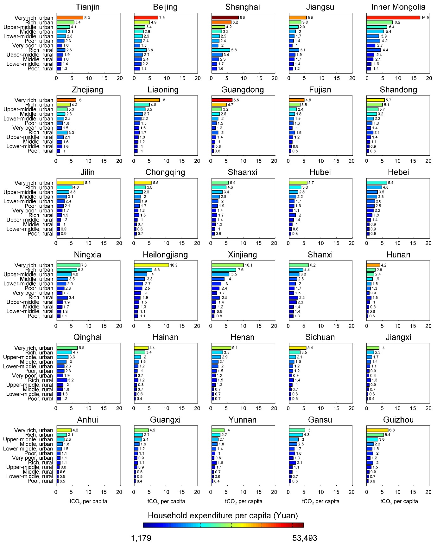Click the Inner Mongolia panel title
click(398, 7)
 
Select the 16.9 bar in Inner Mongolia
click(393, 18)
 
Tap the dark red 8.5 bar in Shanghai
click(225, 18)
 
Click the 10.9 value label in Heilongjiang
click(174, 265)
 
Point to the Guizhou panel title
click(398, 420)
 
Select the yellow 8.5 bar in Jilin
click(70, 183)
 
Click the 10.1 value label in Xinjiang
click(249, 265)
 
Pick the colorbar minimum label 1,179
click(141, 538)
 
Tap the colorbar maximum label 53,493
click(305, 538)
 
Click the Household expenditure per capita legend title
click(223, 515)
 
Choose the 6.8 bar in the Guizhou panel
click(377, 430)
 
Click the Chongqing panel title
click(165, 172)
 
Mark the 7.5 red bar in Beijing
click(146, 18)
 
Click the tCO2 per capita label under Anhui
click(88, 501)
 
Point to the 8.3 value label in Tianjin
click(87, 18)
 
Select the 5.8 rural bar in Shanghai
click(221, 50)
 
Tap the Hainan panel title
click(165, 337)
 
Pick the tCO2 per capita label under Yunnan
click(244, 501)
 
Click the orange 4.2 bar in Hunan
click(373, 265)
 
